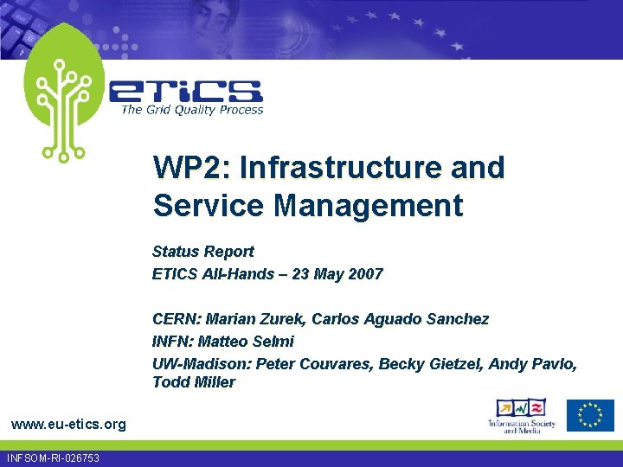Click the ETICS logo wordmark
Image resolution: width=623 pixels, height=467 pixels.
click(185, 91)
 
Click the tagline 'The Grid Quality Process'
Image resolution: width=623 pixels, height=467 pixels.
click(191, 110)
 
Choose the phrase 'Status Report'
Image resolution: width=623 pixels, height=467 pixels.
click(202, 252)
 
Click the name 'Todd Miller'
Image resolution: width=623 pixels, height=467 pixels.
click(194, 382)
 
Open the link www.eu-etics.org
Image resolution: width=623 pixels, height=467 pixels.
click(68, 424)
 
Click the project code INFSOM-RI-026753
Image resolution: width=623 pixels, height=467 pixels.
click(53, 458)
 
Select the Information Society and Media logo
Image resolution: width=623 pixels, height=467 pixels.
click(520, 416)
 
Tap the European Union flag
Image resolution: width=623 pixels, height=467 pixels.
click(590, 415)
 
